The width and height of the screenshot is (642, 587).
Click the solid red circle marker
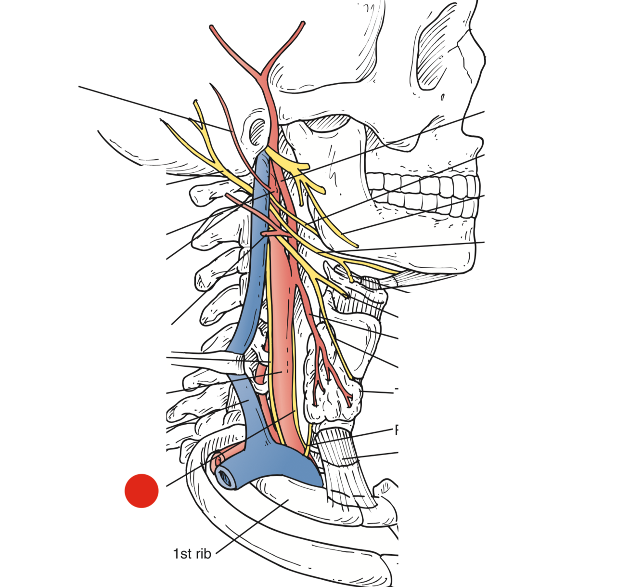click(x=141, y=491)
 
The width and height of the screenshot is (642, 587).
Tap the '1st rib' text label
click(x=192, y=554)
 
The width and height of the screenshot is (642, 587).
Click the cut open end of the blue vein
click(x=226, y=476)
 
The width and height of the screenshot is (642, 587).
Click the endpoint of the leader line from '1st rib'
click(x=288, y=500)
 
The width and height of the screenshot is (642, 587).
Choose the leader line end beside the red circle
click(x=167, y=485)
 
